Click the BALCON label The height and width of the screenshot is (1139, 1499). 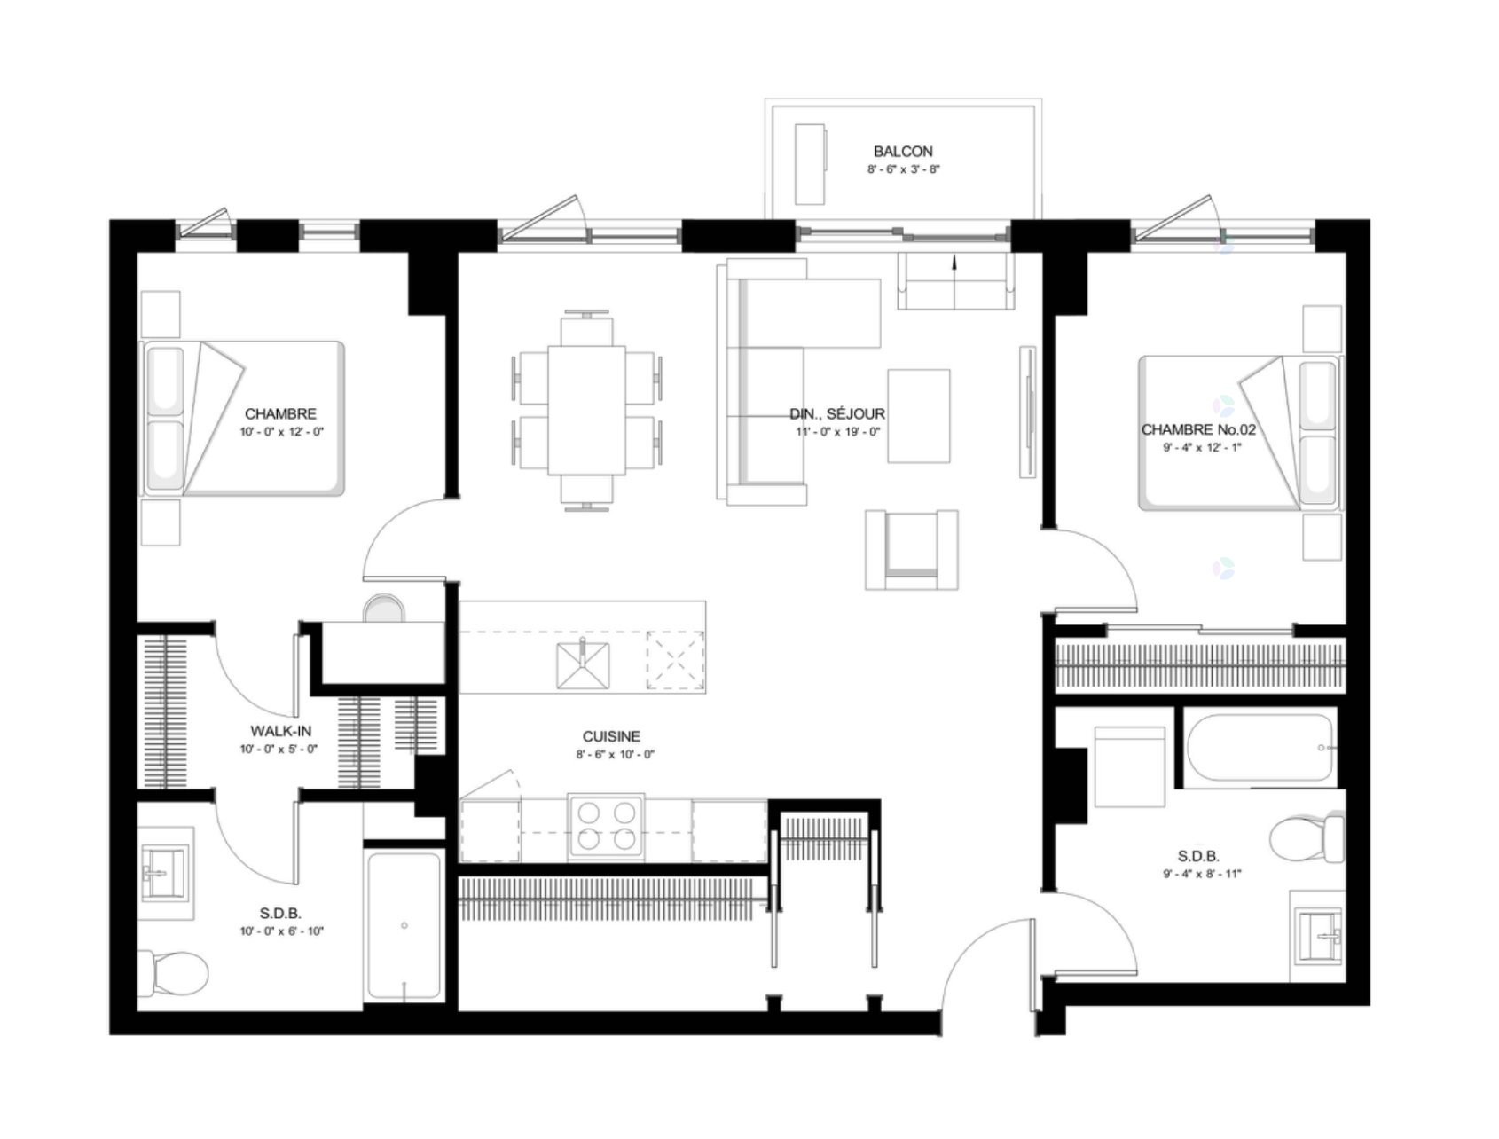point(903,152)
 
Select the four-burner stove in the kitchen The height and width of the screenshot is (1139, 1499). point(606,826)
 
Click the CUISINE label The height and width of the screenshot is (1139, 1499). point(611,736)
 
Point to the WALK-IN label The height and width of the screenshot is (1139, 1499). point(280,731)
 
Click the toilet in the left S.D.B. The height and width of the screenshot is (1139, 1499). point(174,972)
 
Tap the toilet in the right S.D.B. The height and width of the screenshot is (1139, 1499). point(1307,838)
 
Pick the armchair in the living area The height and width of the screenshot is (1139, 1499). point(912,550)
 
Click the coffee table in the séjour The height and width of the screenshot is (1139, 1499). point(919,416)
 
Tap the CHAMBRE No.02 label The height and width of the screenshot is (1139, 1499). point(1198,429)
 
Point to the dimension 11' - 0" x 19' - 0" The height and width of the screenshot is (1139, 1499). point(837,432)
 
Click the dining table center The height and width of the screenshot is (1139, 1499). point(586,410)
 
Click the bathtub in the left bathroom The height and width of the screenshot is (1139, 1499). point(404,926)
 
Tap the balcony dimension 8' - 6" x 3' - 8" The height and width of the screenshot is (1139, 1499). point(903,169)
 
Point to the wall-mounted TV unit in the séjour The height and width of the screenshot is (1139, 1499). point(1028,411)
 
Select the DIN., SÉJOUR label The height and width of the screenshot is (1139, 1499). point(837,414)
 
